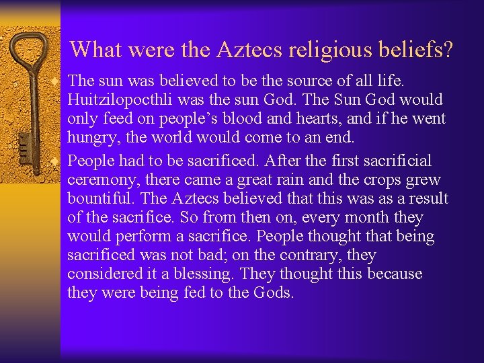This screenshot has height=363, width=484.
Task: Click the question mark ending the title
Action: (x=448, y=48)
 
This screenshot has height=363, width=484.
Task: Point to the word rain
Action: (x=302, y=180)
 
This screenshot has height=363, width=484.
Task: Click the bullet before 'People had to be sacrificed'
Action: (x=61, y=161)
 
